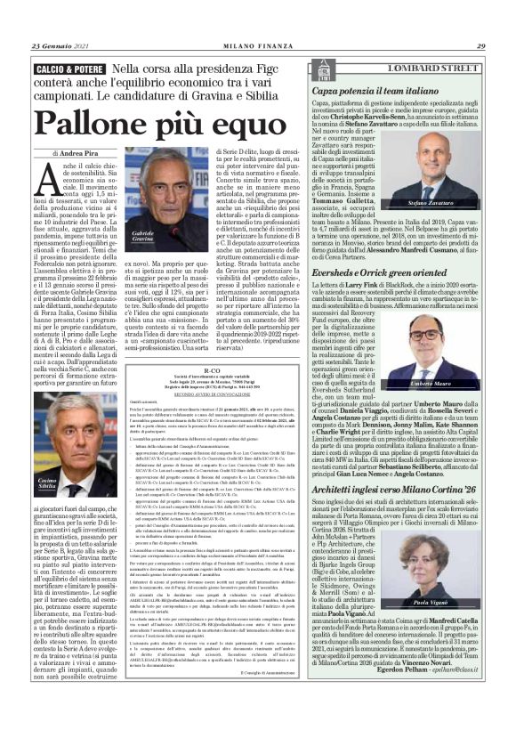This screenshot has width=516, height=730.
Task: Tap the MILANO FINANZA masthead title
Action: (x=257, y=47)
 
